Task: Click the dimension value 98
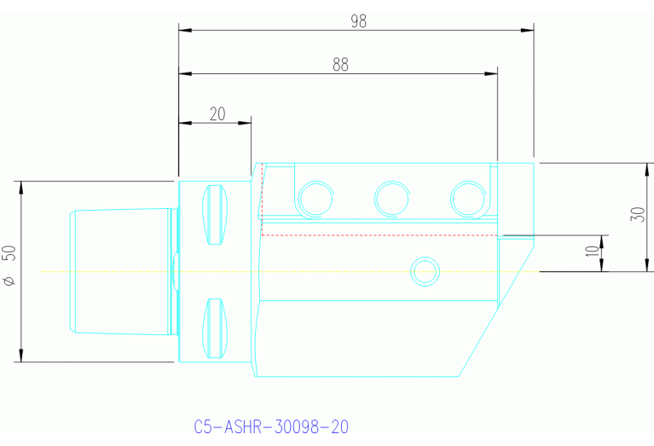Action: click(358, 21)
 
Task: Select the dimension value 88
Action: click(340, 65)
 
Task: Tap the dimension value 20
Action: click(217, 113)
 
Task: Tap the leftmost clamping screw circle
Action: click(315, 198)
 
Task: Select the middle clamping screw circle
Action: click(391, 198)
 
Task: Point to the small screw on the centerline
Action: click(424, 271)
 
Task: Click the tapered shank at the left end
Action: click(119, 271)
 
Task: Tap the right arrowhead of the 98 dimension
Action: click(530, 30)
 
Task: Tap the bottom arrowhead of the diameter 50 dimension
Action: click(20, 357)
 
